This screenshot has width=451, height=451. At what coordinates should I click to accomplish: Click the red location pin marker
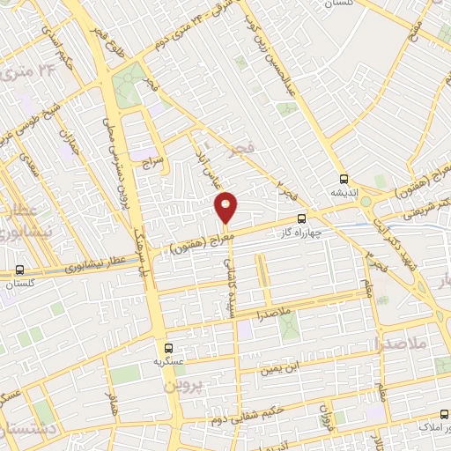pyautogui.click(x=226, y=206)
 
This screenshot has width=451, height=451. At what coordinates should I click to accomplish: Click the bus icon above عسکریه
pyautogui.click(x=169, y=346)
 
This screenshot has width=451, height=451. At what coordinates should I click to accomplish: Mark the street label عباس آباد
pyautogui.click(x=210, y=159)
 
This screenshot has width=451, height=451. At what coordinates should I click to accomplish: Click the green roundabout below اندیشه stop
pyautogui.click(x=365, y=202)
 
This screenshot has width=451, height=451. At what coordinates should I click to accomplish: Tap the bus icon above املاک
pyautogui.click(x=440, y=413)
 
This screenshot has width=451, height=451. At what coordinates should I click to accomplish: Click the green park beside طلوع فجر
pyautogui.click(x=129, y=84)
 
